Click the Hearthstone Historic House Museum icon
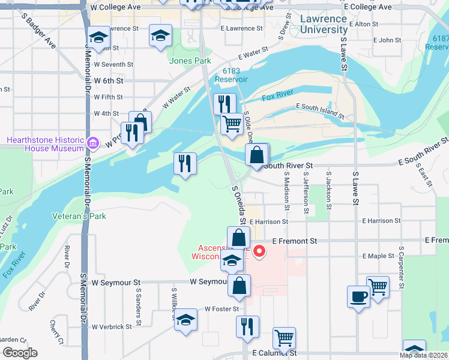[92, 143]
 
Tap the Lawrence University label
[324, 24]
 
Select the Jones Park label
[190, 61]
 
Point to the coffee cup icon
[358, 296]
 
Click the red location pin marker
[259, 251]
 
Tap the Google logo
[20, 353]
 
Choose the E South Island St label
[320, 112]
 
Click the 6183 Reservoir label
[231, 74]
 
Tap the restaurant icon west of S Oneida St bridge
[185, 164]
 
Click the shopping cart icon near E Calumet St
[284, 337]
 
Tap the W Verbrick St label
[112, 327]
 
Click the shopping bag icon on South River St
[256, 155]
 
